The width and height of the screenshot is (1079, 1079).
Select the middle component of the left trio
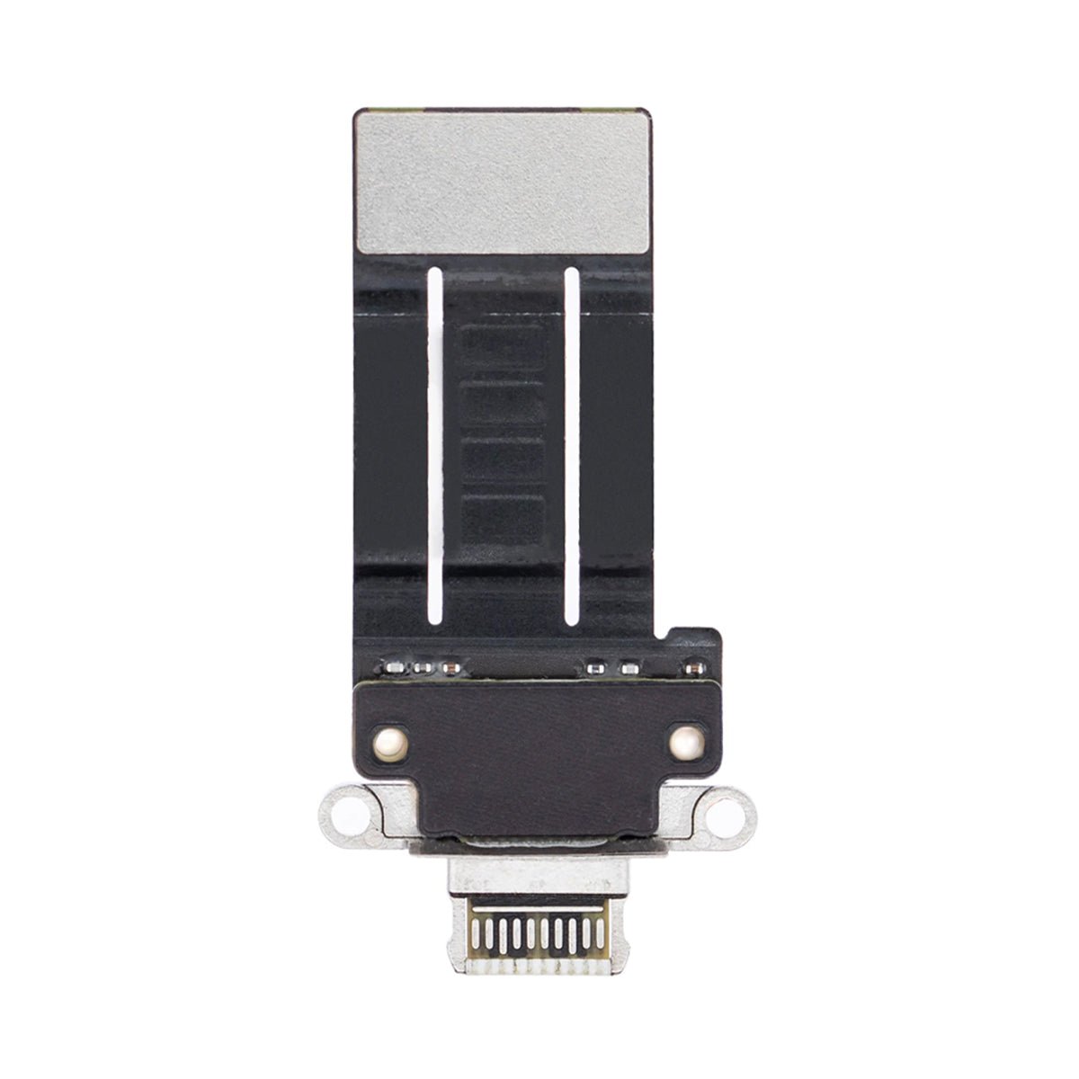point(421,669)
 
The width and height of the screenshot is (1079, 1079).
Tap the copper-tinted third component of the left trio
point(447,669)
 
